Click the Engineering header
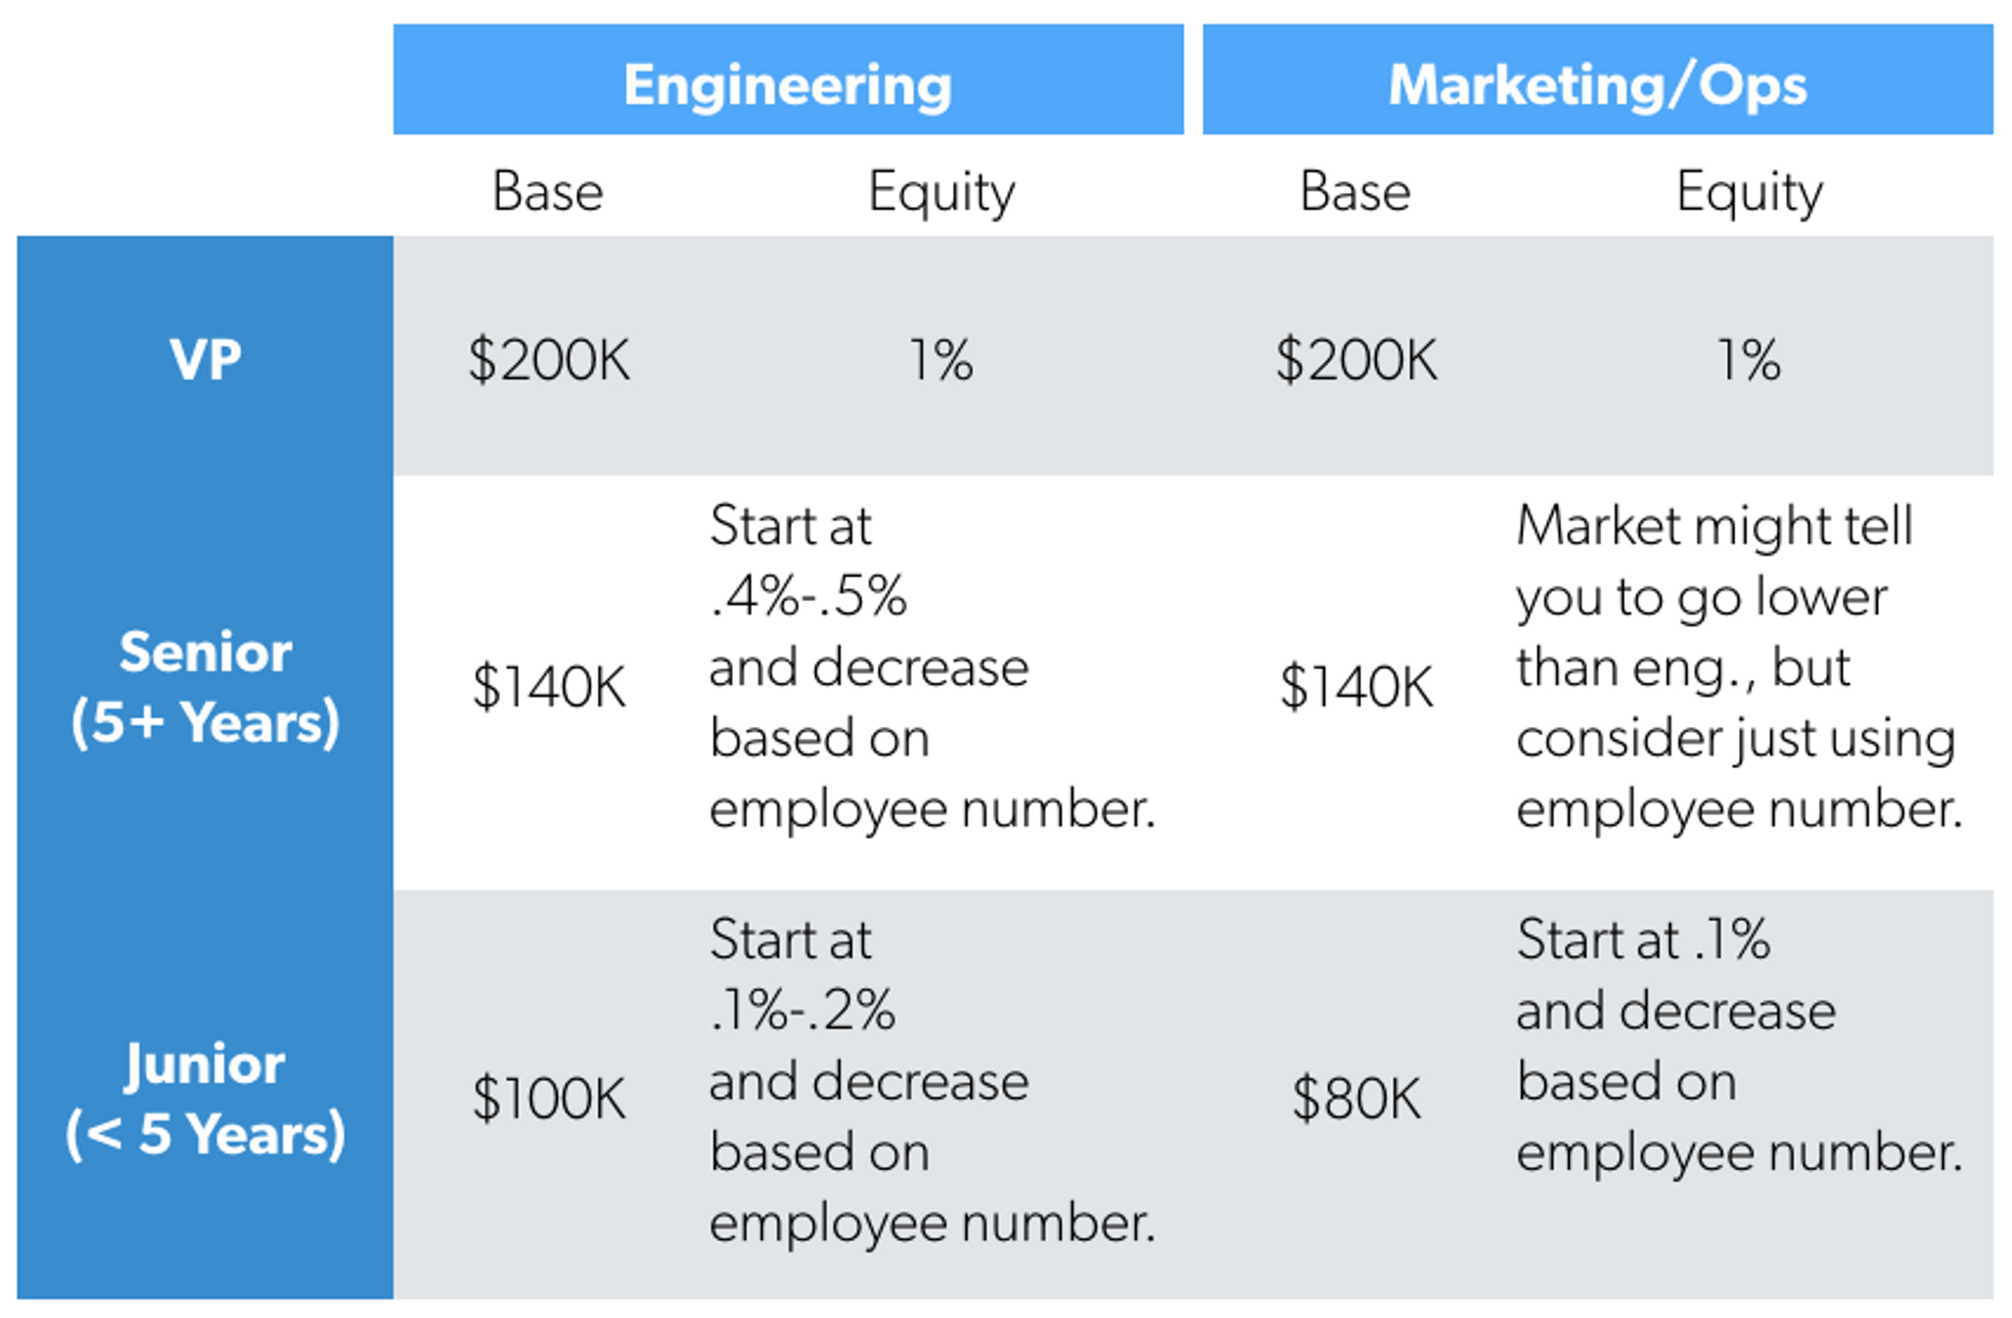tap(788, 86)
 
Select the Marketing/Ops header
tap(1597, 86)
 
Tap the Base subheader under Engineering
tap(547, 192)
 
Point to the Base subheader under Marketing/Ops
tap(1355, 192)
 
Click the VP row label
tap(205, 360)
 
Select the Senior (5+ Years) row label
tap(206, 688)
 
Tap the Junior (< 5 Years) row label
tap(206, 1100)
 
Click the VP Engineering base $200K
tap(549, 360)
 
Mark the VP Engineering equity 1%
tap(941, 360)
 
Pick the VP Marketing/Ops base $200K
tap(1356, 360)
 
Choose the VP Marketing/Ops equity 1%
tap(1750, 360)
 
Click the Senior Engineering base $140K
tap(549, 687)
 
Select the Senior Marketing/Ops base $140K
tap(1356, 687)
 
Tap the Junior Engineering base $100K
tap(549, 1098)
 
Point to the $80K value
tap(1356, 1098)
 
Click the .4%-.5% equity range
tap(808, 597)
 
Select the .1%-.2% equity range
tap(802, 1010)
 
